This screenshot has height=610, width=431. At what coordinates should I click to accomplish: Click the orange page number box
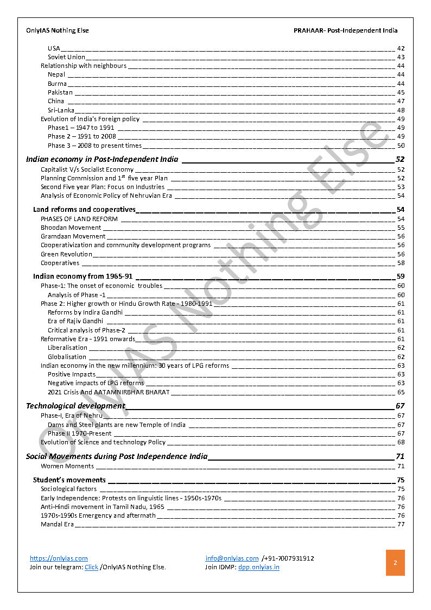click(395, 563)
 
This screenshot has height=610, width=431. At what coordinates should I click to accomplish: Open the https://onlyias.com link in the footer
click(59, 558)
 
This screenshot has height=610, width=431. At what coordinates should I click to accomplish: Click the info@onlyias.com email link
click(232, 558)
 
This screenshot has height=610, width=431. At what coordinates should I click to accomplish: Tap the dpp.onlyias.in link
click(258, 567)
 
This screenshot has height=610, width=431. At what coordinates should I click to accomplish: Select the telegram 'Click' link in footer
click(91, 567)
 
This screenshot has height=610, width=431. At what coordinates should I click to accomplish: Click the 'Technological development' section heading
click(75, 406)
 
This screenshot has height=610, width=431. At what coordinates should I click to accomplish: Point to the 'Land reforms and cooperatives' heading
click(84, 209)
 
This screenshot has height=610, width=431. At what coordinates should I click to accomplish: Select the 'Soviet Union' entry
click(66, 57)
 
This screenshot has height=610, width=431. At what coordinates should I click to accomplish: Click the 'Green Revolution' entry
click(66, 254)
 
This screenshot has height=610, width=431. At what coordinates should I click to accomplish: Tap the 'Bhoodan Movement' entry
click(71, 228)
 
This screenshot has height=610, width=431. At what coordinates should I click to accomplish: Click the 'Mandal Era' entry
click(57, 524)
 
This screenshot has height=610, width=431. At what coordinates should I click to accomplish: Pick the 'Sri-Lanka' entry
click(61, 110)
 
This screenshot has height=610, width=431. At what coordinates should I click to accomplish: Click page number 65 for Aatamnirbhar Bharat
click(401, 392)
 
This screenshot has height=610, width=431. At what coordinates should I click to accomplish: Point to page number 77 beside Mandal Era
click(401, 524)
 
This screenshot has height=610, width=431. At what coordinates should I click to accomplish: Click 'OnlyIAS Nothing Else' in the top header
click(58, 30)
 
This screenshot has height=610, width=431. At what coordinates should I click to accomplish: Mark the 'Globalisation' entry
click(67, 357)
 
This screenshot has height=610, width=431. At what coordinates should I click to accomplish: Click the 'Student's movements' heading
click(69, 480)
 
